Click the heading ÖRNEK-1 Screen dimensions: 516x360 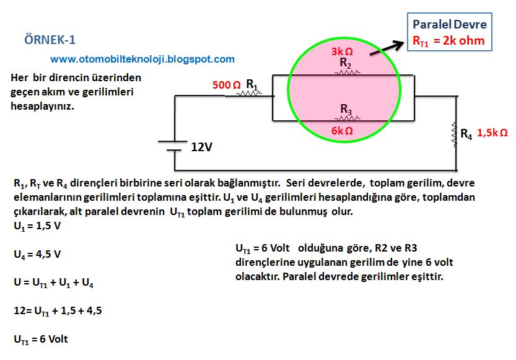pyautogui.click(x=50, y=40)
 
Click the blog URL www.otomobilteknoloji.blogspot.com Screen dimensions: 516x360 pyautogui.click(x=142, y=59)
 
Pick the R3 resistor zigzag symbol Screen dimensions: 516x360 pyautogui.click(x=347, y=118)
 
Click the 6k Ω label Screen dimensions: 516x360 pyautogui.click(x=342, y=131)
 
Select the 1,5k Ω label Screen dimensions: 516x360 pyautogui.click(x=493, y=133)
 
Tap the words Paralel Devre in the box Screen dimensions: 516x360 pyautogui.click(x=450, y=25)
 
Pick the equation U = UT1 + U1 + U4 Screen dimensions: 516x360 pyautogui.click(x=53, y=283)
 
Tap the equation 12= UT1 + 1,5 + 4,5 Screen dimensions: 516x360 pyautogui.click(x=58, y=311)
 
